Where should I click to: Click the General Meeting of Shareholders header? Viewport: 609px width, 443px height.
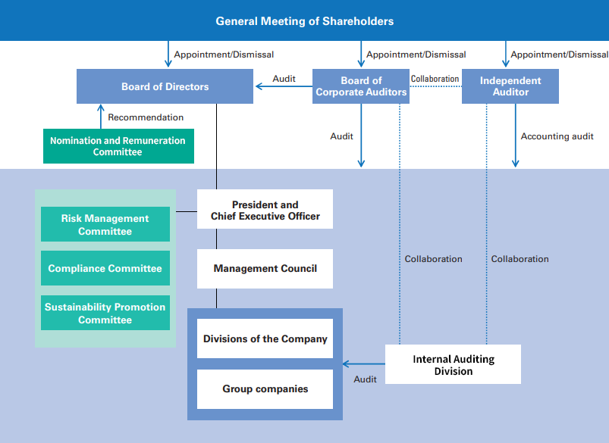tap(304, 20)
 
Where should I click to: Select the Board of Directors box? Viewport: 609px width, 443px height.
tap(165, 86)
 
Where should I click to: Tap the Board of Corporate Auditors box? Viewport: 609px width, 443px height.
tap(361, 86)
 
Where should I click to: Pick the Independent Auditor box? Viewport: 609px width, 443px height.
tap(510, 86)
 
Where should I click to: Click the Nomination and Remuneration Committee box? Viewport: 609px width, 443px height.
tap(118, 146)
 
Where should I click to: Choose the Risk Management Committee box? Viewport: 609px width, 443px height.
tap(105, 225)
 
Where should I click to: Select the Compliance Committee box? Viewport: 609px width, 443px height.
tap(105, 268)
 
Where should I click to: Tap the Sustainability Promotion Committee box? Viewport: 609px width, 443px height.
tap(105, 314)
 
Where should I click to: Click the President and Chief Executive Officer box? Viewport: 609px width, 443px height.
tap(265, 210)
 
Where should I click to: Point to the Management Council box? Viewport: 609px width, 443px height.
tap(265, 269)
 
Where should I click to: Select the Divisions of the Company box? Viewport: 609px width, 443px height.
tap(265, 338)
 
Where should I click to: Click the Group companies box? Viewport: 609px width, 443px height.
tap(265, 389)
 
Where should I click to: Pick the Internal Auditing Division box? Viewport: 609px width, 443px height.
tap(453, 364)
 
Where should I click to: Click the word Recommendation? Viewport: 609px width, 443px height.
tap(146, 117)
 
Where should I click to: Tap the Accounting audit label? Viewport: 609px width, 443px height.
tap(557, 136)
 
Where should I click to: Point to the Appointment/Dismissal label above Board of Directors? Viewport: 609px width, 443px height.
tap(224, 55)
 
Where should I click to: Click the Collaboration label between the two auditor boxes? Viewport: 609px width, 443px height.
tap(435, 79)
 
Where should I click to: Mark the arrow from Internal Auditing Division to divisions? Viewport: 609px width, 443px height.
tap(363, 364)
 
